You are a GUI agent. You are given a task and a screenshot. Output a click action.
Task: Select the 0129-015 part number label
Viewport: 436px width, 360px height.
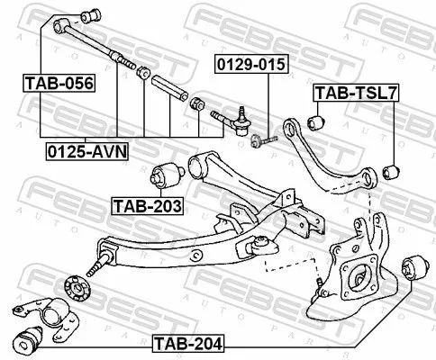pos(242,65)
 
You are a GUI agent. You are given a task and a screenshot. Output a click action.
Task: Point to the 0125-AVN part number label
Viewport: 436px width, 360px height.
pos(87,151)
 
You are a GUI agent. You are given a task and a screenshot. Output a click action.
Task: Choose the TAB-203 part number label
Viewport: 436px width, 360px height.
pos(147,206)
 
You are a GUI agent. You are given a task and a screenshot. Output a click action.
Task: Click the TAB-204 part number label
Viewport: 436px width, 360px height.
pos(187,342)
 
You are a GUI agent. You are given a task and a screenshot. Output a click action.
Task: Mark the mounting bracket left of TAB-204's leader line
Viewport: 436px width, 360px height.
pos(42,311)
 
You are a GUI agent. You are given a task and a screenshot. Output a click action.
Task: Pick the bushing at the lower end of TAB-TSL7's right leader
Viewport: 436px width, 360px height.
pos(390,168)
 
